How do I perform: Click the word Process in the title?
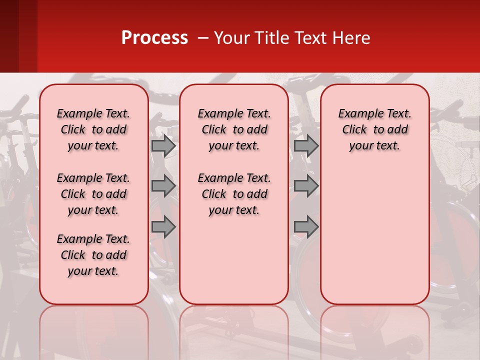click(154, 38)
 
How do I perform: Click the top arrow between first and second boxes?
click(163, 145)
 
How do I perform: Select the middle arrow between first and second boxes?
click(163, 186)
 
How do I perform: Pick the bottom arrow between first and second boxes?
click(163, 227)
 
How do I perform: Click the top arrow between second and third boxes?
click(306, 145)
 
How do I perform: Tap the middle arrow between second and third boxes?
click(306, 186)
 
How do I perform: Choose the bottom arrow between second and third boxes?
click(306, 227)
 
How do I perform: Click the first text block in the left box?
click(93, 129)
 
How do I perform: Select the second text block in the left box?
click(93, 194)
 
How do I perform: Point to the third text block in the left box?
click(93, 255)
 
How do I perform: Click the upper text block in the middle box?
click(234, 129)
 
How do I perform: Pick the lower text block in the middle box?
click(234, 194)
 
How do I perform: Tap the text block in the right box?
click(375, 129)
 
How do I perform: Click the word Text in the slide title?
click(312, 38)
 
